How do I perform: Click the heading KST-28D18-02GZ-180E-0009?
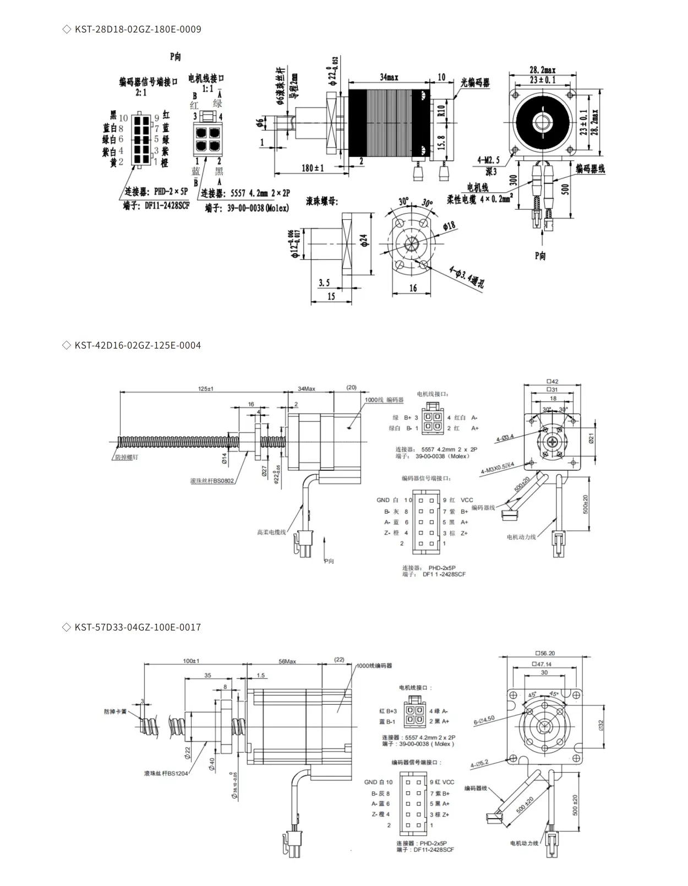138,29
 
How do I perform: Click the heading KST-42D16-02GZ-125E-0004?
138,345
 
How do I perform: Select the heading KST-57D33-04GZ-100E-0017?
138,627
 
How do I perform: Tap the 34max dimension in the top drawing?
389,77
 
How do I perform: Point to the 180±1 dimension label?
313,167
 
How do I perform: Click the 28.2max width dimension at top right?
542,70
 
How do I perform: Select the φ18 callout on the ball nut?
449,226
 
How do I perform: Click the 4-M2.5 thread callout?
488,160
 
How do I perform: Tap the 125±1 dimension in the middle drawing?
206,389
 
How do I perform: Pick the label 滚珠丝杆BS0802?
212,481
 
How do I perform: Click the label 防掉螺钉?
127,457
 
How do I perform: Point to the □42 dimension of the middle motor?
552,382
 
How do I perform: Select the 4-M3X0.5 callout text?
497,468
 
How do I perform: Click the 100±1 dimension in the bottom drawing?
191,661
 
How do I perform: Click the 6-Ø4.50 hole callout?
484,720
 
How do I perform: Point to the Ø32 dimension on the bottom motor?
600,725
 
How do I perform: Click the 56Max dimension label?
287,661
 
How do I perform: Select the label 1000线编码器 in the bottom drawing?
374,666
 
